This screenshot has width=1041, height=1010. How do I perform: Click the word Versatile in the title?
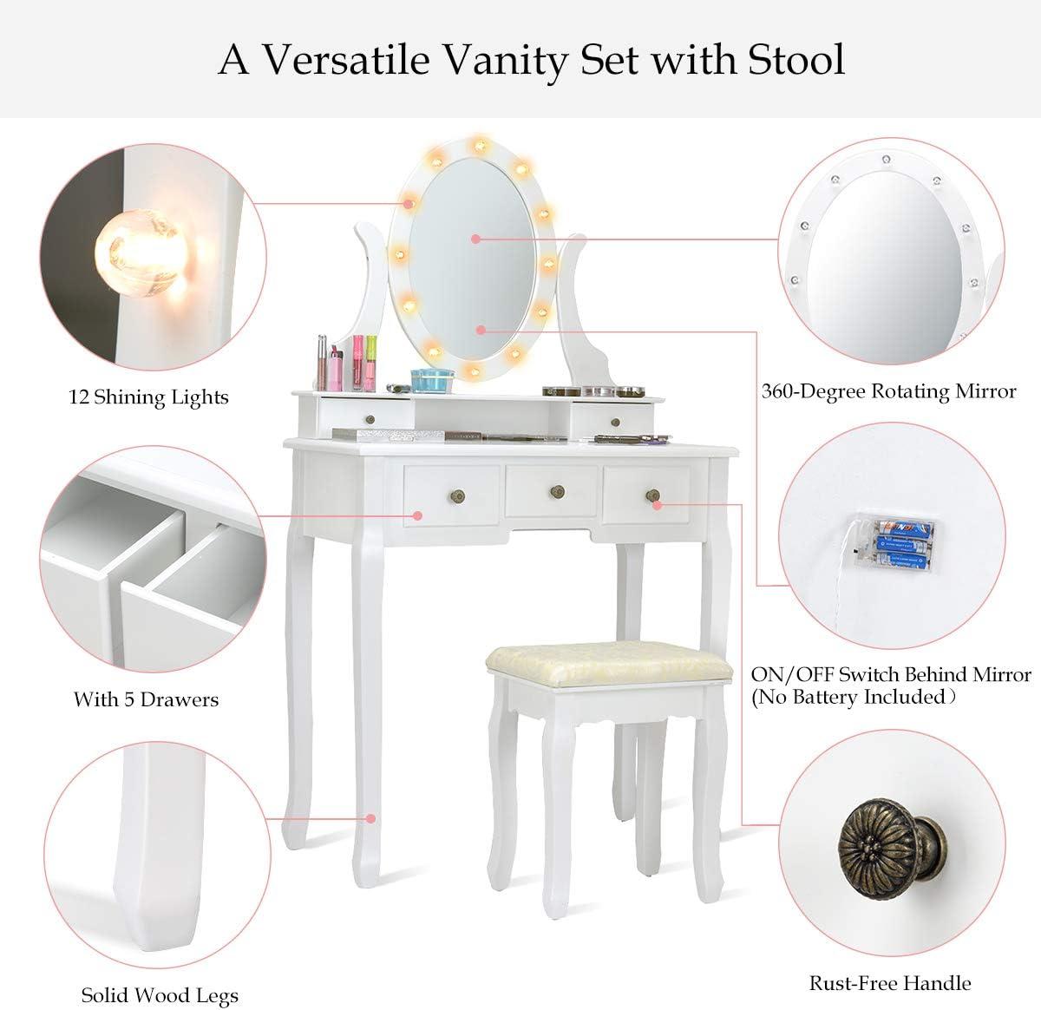347,59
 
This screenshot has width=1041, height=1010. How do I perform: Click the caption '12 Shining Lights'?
148,397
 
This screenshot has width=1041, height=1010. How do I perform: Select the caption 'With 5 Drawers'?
146,699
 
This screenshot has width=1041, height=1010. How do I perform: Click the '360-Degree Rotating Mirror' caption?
888,391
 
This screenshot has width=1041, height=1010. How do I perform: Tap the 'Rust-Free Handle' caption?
889,982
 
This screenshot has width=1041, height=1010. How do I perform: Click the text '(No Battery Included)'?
854,697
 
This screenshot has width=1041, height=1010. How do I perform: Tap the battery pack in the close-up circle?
894,545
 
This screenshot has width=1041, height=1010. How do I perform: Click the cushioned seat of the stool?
609,665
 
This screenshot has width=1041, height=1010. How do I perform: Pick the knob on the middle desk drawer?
558,490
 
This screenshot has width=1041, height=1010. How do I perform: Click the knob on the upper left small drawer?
370,419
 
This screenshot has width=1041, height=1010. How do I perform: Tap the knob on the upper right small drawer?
616,423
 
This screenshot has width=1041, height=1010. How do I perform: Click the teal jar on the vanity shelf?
432,380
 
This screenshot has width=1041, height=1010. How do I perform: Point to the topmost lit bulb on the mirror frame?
480,144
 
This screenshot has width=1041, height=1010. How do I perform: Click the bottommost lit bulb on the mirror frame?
473,369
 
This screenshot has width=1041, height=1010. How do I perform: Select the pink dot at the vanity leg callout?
370,819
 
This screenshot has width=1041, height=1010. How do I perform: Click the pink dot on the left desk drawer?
418,515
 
